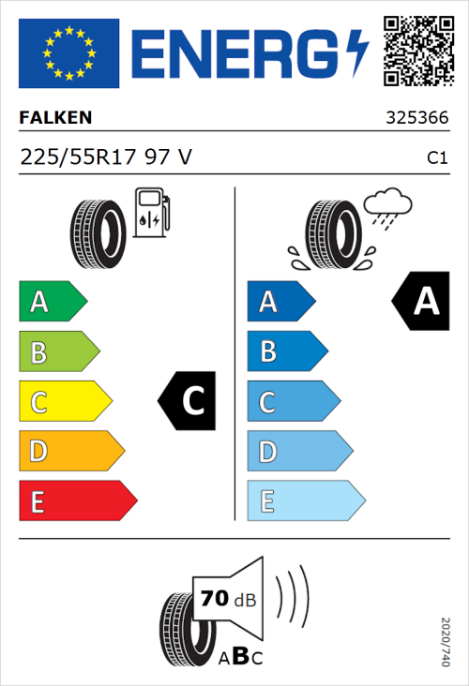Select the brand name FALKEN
(56, 119)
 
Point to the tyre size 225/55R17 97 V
(105, 157)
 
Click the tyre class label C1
(436, 158)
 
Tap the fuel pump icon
(151, 213)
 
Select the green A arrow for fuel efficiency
(52, 302)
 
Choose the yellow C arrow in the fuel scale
(64, 402)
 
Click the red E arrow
(77, 501)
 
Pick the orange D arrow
(70, 452)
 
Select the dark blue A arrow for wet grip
(280, 302)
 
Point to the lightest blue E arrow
(305, 501)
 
